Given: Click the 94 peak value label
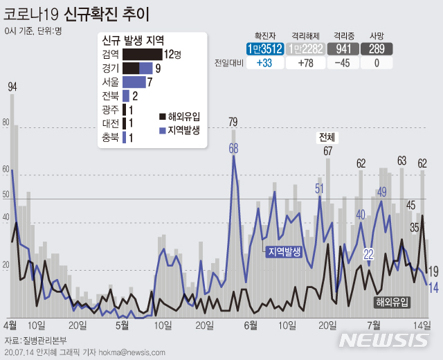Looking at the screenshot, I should [12, 87].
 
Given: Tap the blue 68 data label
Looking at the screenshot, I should [234, 147].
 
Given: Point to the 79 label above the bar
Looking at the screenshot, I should [233, 123].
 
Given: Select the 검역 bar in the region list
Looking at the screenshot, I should [143, 54].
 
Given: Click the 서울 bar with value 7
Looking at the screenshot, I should [134, 82].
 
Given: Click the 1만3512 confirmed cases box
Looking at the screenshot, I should [266, 48].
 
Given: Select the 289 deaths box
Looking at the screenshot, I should [377, 48].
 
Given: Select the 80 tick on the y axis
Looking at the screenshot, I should [6, 123].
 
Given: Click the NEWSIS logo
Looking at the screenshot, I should [385, 340].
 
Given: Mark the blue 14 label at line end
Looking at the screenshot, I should [433, 288].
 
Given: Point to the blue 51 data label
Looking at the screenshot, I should [320, 188].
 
